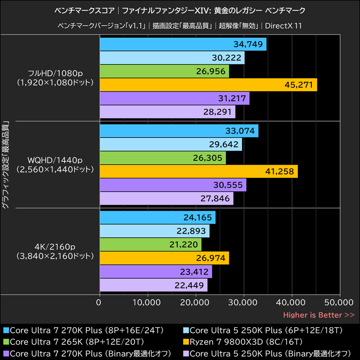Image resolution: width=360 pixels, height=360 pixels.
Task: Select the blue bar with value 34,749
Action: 182,44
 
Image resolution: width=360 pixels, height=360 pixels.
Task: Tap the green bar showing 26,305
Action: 162,158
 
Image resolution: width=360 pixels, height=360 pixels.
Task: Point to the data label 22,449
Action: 189,285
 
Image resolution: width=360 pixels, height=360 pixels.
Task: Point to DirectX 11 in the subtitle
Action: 283,26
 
